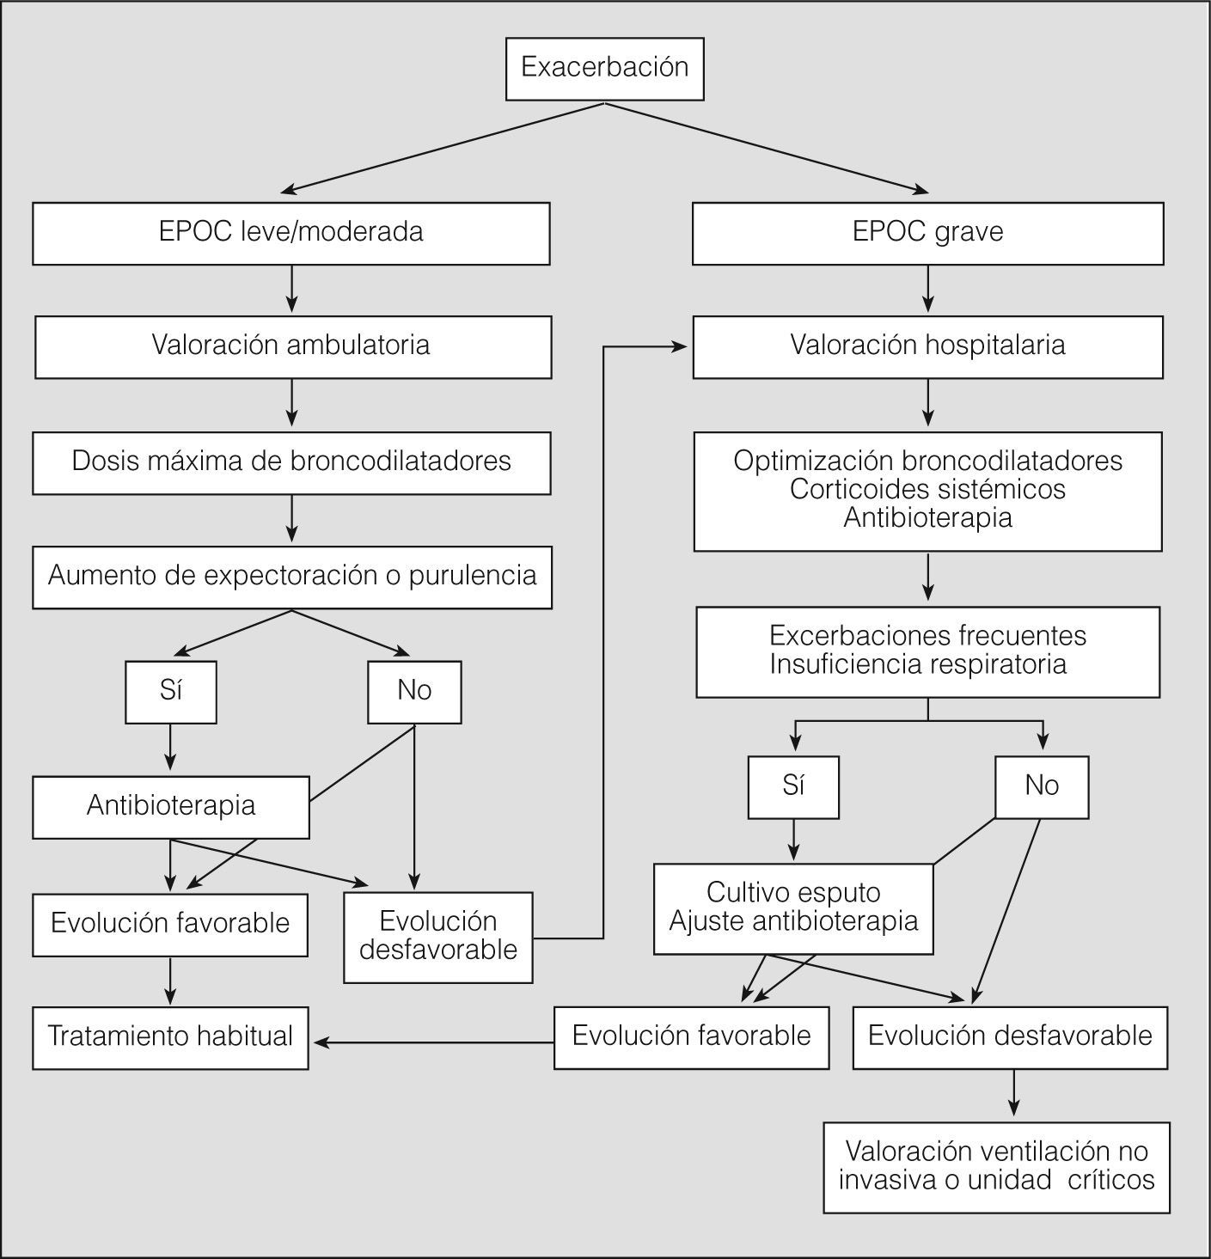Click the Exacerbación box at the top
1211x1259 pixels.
pos(604,68)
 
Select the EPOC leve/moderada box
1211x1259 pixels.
pos(291,232)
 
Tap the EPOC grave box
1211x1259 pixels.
pos(927,232)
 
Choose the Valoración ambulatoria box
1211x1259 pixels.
pos(292,345)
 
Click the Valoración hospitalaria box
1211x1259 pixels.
pos(927,346)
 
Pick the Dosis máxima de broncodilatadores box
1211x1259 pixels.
pos(291,461)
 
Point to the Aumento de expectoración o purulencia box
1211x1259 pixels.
pos(292,577)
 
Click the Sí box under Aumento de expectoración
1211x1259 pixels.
pos(170,691)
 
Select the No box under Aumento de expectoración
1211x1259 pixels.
pos(414,691)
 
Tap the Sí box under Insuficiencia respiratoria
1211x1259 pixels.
pos(793,786)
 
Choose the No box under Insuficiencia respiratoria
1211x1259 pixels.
pos(1042,786)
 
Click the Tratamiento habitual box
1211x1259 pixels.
pos(170,1037)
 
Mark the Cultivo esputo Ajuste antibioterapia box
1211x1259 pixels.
pos(793,908)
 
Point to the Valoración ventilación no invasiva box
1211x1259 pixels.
pos(996,1166)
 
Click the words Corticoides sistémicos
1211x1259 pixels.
pos(927,490)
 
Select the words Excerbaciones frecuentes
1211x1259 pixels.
pos(927,637)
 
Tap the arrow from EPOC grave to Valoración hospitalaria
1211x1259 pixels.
pos(927,289)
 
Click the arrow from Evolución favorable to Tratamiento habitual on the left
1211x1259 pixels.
pos(170,981)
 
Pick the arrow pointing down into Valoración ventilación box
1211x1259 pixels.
pos(1014,1095)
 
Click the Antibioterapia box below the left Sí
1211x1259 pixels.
pos(170,806)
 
